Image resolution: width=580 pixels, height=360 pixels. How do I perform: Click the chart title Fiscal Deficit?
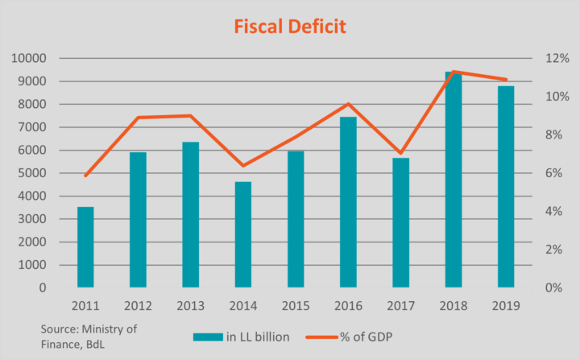[289, 27]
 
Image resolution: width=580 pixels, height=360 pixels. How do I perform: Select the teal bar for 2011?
[85, 246]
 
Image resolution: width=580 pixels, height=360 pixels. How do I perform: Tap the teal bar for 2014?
[242, 234]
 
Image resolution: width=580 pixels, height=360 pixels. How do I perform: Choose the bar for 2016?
[348, 201]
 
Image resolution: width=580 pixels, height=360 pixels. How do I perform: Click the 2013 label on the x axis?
[190, 306]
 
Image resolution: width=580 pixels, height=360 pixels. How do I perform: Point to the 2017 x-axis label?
[400, 306]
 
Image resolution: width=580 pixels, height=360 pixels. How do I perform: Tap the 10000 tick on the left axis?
[29, 59]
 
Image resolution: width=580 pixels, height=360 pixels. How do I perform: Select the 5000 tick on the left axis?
[32, 173]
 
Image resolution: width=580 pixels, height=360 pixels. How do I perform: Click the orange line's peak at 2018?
[454, 72]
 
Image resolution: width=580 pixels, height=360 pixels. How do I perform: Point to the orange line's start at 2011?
[85, 176]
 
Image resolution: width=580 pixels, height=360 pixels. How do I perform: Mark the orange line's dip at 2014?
[242, 166]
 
